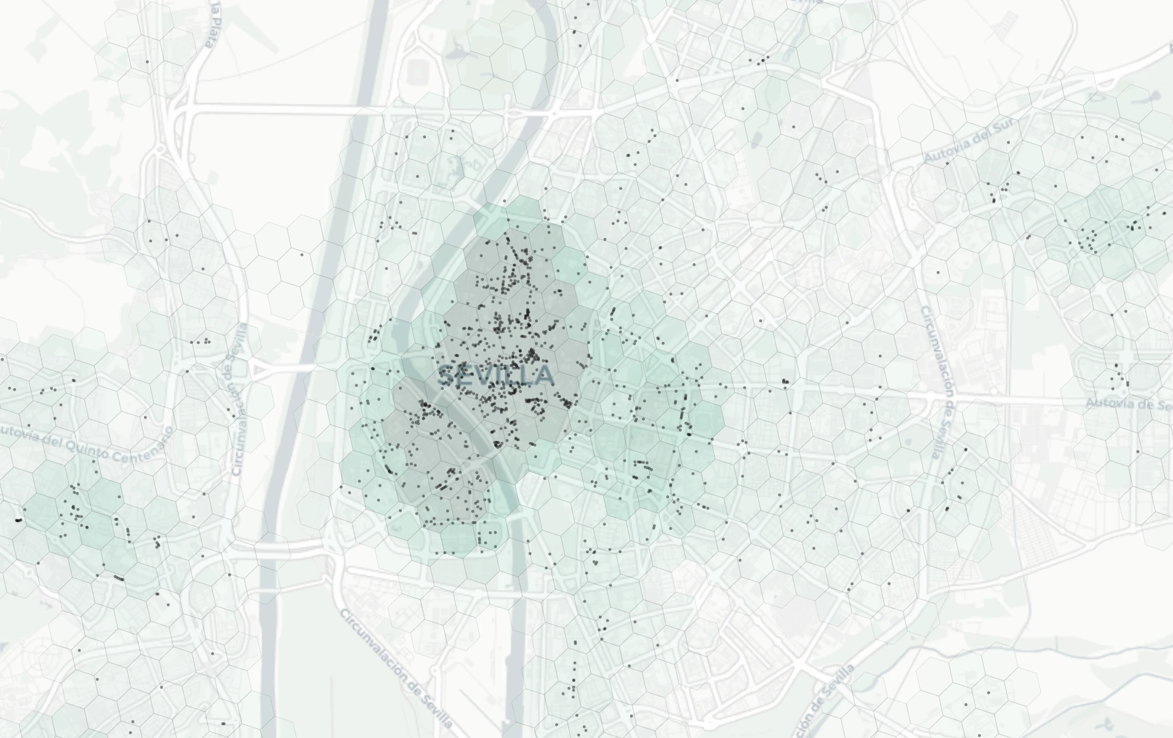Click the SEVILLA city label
click(x=496, y=376)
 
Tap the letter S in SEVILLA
click(x=447, y=376)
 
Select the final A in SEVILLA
click(x=545, y=376)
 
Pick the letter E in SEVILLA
click(x=465, y=376)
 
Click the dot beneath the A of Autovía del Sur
click(x=947, y=164)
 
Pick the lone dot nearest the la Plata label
click(x=147, y=61)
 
